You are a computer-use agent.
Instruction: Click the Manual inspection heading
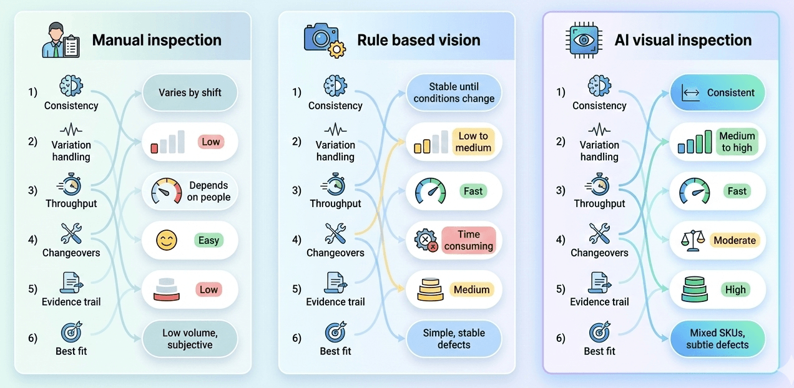(x=157, y=41)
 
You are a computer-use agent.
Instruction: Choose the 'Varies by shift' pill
(x=190, y=93)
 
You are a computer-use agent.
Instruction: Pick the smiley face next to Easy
(x=167, y=241)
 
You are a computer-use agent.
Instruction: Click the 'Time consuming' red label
(x=468, y=240)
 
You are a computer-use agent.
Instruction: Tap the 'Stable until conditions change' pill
(x=454, y=93)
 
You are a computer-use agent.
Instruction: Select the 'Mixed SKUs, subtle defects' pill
(x=717, y=339)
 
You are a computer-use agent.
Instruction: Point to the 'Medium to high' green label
(x=737, y=142)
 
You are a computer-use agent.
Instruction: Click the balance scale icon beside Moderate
(x=693, y=241)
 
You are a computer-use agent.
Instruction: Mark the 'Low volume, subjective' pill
(x=190, y=339)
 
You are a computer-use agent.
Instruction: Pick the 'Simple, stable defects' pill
(x=454, y=339)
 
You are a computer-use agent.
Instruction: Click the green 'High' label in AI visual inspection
(x=735, y=289)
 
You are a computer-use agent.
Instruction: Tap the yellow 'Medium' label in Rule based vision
(x=471, y=289)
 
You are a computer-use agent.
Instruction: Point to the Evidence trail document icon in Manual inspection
(x=71, y=283)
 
